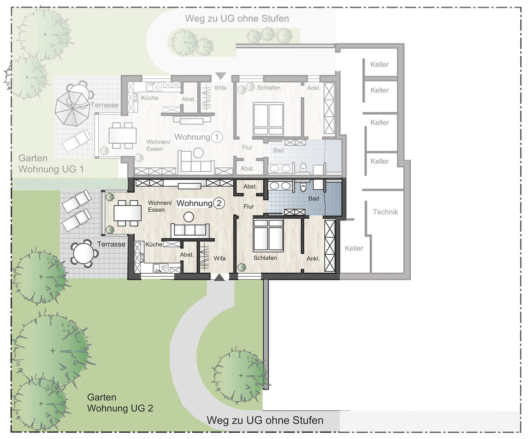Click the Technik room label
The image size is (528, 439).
point(385,212)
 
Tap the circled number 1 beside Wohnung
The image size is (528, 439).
point(217,137)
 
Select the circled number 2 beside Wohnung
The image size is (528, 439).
point(219,203)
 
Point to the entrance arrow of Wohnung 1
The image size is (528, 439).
point(220,76)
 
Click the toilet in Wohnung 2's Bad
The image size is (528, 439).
point(303,187)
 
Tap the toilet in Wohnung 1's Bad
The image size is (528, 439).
point(303,167)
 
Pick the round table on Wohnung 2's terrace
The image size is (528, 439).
point(84,253)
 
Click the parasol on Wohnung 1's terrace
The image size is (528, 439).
point(72,109)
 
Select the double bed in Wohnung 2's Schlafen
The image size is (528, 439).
point(268,235)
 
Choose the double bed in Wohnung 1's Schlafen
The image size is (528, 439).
point(268,119)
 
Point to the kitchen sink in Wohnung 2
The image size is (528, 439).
point(161,268)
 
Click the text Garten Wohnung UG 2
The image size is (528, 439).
point(120,403)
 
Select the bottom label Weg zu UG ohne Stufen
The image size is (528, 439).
point(265,420)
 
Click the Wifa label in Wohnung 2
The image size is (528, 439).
point(220,258)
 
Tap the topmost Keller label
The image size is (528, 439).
point(379,64)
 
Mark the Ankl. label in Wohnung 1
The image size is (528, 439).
point(314,88)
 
